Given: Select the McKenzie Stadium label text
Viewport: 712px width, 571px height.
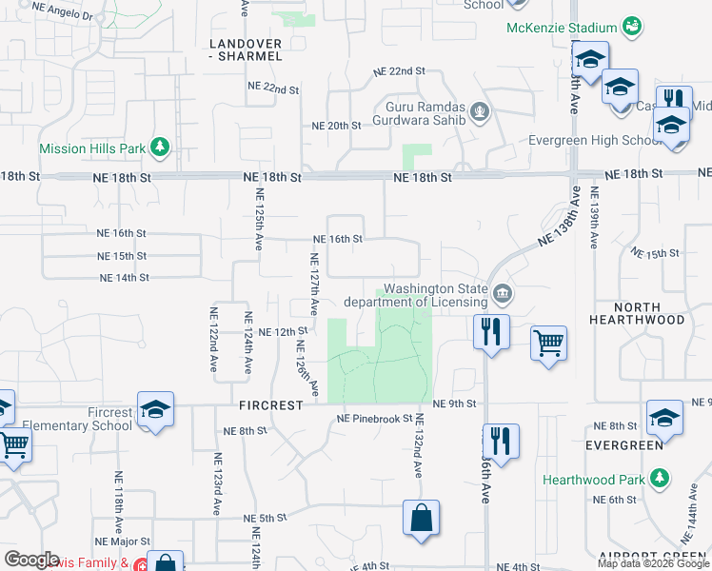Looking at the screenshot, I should [x=563, y=27].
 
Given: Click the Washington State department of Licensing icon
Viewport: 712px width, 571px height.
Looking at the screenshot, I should [x=503, y=296].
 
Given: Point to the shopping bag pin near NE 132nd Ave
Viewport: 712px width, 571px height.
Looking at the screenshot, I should [x=420, y=519].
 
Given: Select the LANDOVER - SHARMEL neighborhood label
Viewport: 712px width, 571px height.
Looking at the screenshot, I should [x=247, y=49].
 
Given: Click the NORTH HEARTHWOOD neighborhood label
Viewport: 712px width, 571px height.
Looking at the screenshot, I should [x=649, y=313].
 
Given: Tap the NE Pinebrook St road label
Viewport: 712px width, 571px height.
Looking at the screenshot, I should [x=374, y=419].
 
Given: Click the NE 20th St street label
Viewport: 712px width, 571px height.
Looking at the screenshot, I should [x=337, y=126].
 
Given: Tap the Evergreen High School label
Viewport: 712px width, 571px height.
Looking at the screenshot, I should [x=595, y=141].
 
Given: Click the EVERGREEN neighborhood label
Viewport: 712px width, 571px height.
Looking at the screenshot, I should [x=624, y=444].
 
